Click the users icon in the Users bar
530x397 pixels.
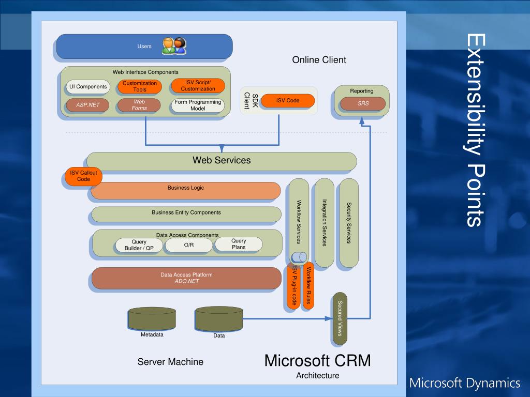click(x=174, y=46)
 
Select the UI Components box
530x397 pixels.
click(x=88, y=87)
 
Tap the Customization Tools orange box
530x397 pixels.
click(x=140, y=86)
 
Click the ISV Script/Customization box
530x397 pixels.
click(x=198, y=86)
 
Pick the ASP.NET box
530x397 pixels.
click(x=87, y=105)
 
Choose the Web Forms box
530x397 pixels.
click(x=139, y=105)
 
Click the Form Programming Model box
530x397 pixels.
click(x=198, y=105)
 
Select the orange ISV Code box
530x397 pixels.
click(x=288, y=101)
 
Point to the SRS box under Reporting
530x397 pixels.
click(x=363, y=103)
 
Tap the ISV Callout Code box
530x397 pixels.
click(x=83, y=176)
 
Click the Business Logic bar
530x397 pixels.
click(x=186, y=190)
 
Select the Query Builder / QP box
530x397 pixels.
click(x=139, y=245)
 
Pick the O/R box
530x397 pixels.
click(x=189, y=245)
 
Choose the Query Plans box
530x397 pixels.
click(x=239, y=244)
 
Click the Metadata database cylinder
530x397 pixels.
click(x=152, y=318)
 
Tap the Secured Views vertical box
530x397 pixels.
click(x=340, y=318)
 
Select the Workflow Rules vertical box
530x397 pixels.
click(x=308, y=285)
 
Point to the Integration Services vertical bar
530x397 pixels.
click(x=325, y=223)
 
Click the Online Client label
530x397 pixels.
click(x=319, y=60)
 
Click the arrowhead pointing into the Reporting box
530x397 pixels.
click(x=362, y=121)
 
